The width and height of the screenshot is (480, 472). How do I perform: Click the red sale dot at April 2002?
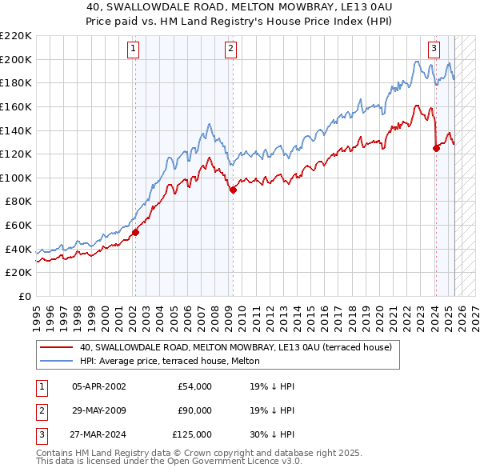pos(135,233)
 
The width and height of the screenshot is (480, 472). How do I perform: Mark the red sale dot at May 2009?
pos(233,190)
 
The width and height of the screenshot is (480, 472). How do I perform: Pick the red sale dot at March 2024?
pos(436,148)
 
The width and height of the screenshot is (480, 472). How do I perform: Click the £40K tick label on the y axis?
pos(18,249)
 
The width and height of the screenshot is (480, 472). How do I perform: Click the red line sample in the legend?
pos(57,348)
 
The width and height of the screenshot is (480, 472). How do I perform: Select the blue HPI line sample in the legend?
pos(57,362)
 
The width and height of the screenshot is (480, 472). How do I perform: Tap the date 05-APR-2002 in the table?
pos(99,386)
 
